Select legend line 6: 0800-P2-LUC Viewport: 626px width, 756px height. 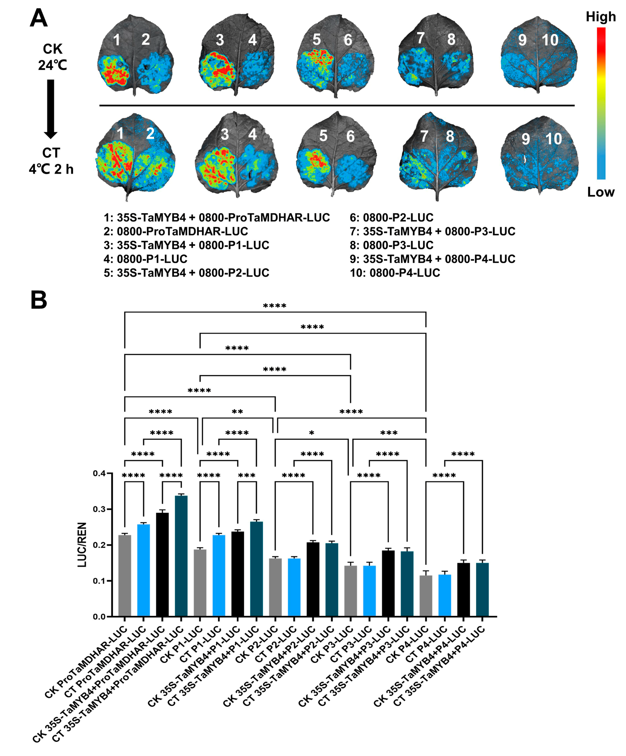coord(391,217)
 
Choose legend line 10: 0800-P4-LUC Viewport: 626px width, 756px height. coord(395,273)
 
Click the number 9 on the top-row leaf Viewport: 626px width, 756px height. coord(522,40)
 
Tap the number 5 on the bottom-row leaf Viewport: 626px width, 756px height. coord(323,136)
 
